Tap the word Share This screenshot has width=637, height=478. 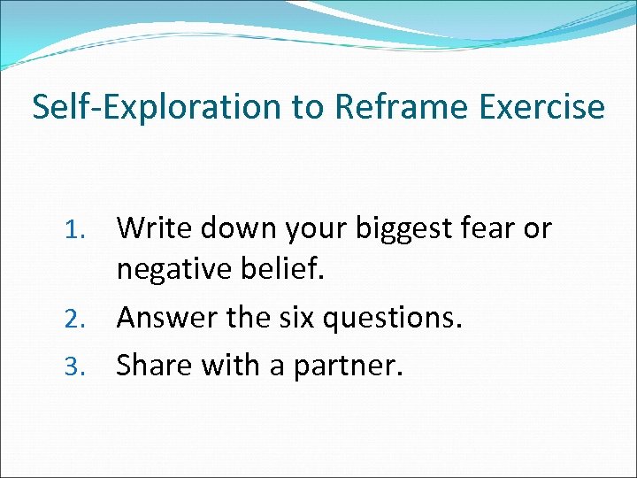click(154, 363)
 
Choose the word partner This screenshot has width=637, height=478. click(349, 363)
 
